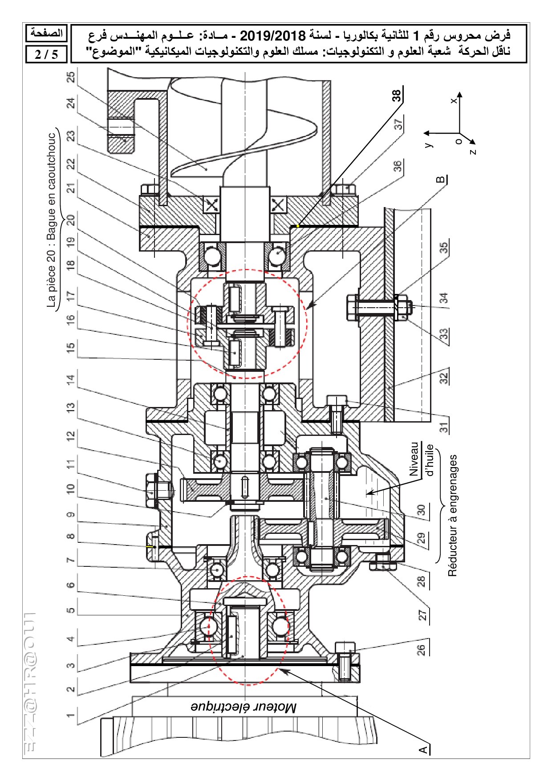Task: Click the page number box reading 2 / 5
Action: click(46, 54)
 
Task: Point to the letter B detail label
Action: click(441, 179)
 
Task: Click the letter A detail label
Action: click(423, 748)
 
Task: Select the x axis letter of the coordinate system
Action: click(454, 101)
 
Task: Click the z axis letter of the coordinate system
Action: click(473, 152)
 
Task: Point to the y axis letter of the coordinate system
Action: click(428, 144)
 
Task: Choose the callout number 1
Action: click(71, 715)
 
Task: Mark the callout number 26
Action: click(421, 649)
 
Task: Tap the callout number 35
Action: click(444, 248)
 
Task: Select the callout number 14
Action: click(71, 380)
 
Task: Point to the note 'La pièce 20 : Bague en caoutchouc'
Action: click(53, 220)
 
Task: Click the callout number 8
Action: click(71, 536)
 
